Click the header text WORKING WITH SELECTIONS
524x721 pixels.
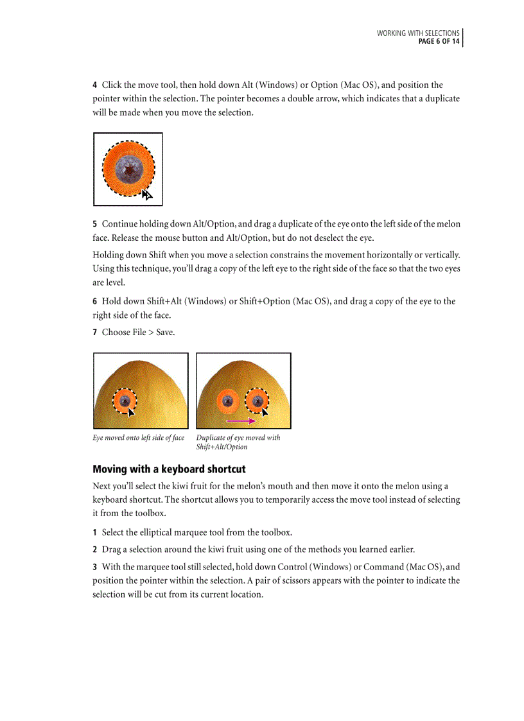[x=418, y=33]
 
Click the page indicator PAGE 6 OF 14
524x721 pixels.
[x=439, y=42]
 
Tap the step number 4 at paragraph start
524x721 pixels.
[x=95, y=85]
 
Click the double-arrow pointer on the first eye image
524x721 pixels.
[x=147, y=195]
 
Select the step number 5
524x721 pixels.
[x=95, y=224]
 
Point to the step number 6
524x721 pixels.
[x=95, y=301]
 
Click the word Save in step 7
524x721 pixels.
[x=164, y=332]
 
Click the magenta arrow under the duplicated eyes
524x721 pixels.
[x=241, y=421]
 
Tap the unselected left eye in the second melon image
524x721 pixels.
[x=227, y=401]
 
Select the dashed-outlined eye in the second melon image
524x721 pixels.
[x=257, y=401]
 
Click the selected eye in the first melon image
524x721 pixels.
[x=125, y=401]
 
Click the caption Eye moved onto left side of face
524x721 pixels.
[x=139, y=438]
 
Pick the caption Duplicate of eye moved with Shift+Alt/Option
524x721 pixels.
[x=238, y=442]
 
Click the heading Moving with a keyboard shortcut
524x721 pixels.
[x=169, y=469]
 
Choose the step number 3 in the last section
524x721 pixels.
[x=95, y=567]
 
